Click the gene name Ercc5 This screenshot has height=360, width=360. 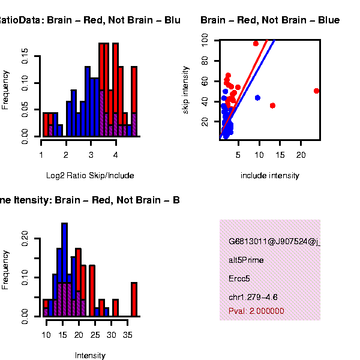[238, 279]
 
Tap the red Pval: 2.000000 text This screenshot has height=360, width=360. [256, 311]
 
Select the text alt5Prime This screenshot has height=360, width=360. [246, 260]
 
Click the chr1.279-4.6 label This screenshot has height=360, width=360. [253, 297]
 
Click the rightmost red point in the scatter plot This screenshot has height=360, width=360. [316, 91]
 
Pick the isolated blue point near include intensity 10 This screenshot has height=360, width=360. [257, 97]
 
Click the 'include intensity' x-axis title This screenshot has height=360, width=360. [269, 176]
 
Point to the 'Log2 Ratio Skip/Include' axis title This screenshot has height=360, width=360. [90, 176]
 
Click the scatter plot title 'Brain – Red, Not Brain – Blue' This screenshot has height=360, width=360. [270, 20]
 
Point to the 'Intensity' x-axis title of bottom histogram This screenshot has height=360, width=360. [90, 355]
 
